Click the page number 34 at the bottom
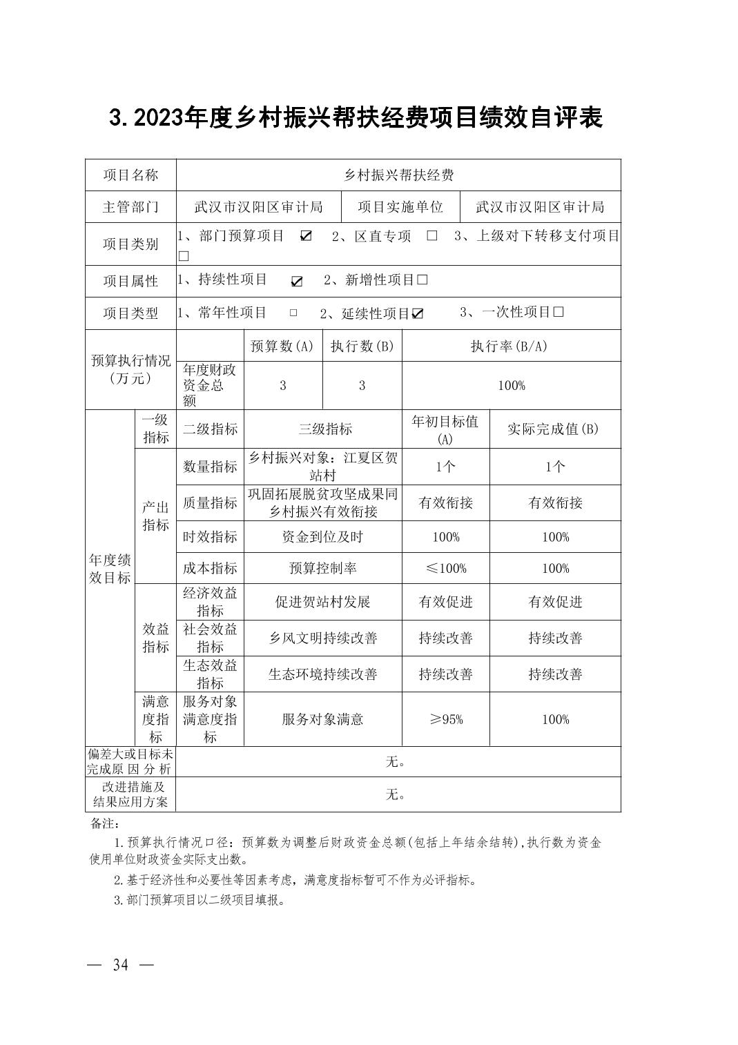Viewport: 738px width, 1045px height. (x=120, y=965)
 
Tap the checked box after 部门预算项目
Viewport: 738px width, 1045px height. (x=306, y=236)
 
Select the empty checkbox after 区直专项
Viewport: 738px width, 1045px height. (x=432, y=236)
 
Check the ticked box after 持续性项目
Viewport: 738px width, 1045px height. (x=297, y=281)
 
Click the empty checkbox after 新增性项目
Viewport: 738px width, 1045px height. (x=423, y=280)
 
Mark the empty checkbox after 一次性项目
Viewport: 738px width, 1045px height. (x=559, y=312)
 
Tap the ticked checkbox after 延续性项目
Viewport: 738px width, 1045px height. (x=418, y=314)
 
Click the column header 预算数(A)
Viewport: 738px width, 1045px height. (x=282, y=346)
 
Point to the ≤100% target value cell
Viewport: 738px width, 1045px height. (x=445, y=569)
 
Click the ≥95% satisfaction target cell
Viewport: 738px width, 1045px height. (x=445, y=719)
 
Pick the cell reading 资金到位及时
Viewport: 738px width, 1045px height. (x=322, y=537)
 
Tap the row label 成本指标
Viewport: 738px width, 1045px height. (x=210, y=569)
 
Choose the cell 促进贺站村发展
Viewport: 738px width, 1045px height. (x=322, y=602)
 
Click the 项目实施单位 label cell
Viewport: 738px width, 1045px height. (x=400, y=207)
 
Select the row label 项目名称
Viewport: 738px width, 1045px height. (x=130, y=175)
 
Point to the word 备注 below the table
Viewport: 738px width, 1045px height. (x=104, y=824)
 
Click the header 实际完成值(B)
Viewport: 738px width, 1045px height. (x=554, y=429)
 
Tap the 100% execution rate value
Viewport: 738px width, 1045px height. (x=511, y=386)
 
